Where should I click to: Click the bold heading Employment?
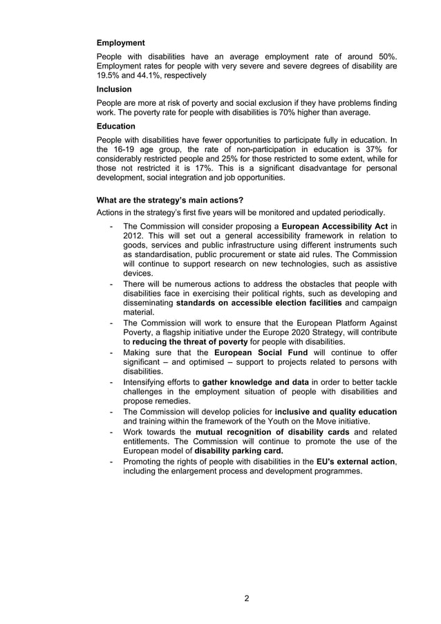120,43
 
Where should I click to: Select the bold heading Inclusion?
114,89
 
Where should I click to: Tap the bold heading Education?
116,126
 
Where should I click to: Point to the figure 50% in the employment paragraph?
385,56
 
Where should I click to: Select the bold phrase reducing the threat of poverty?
190,342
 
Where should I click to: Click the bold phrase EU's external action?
355,461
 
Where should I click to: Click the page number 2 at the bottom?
247,598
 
